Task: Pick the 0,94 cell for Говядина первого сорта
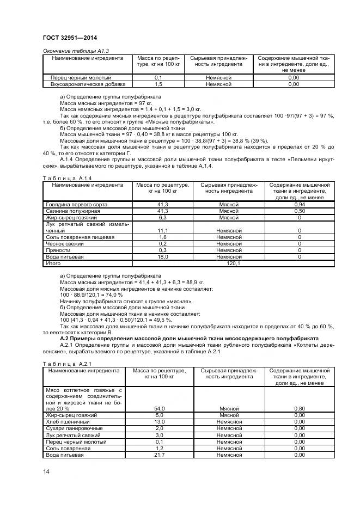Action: click(300, 204)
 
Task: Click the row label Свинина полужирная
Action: click(68, 211)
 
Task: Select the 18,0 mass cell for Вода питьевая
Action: click(162, 256)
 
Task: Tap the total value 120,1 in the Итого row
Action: click(233, 263)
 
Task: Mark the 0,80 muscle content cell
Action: click(299, 408)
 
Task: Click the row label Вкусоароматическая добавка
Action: click(88, 84)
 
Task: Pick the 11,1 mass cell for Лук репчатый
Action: click(162, 230)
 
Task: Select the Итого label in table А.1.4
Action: click(53, 263)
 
